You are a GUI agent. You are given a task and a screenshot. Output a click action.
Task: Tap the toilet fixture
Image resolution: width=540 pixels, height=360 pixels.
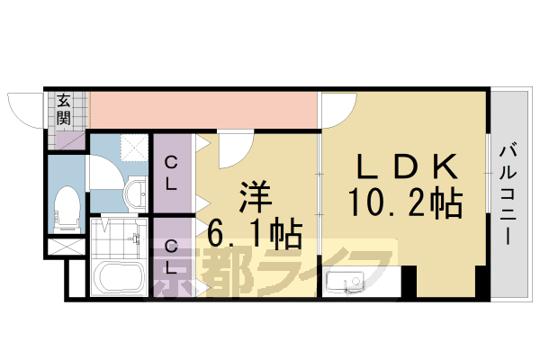tap(67, 206)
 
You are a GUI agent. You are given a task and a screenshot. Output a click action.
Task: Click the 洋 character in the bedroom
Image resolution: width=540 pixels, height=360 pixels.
tap(256, 198)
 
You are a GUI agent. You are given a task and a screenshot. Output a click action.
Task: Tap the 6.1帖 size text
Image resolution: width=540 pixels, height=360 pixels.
tap(256, 236)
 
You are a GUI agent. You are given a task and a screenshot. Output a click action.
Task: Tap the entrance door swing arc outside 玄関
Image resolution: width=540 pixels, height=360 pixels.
tap(25, 108)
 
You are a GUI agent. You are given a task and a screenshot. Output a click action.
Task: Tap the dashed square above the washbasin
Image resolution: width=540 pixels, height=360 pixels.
tap(135, 147)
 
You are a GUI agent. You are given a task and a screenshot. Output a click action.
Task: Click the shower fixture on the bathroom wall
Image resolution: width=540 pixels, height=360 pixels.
tap(136, 238)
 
